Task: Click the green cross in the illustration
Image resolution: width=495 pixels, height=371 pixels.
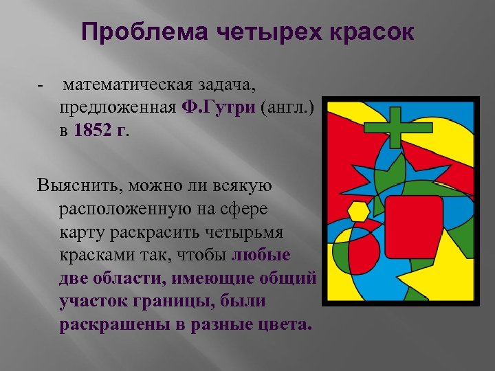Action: pos(394,126)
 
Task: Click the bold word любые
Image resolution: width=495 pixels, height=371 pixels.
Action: pos(262,255)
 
